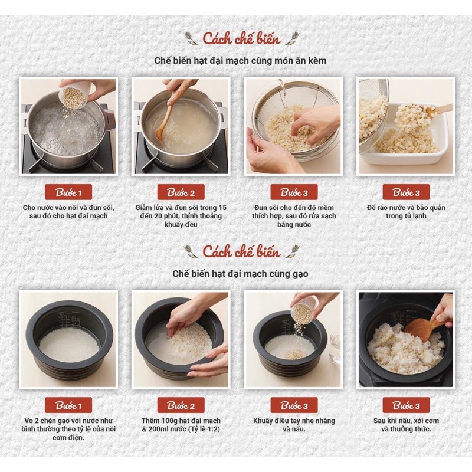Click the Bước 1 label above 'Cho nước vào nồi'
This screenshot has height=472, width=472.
[68, 192]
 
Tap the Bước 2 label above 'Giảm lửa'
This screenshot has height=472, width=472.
[181, 192]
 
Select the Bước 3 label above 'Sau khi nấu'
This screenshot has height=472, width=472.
[406, 405]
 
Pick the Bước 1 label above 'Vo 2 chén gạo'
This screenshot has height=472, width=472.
[68, 405]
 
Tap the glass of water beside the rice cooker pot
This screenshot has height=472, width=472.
[335, 346]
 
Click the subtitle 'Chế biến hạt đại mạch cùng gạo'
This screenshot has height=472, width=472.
[240, 274]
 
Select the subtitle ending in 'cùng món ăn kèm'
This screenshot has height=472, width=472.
[240, 61]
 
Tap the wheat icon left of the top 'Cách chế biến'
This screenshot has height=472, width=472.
[191, 38]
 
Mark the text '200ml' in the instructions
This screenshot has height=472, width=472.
[159, 429]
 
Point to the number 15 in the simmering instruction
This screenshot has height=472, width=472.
[222, 208]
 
